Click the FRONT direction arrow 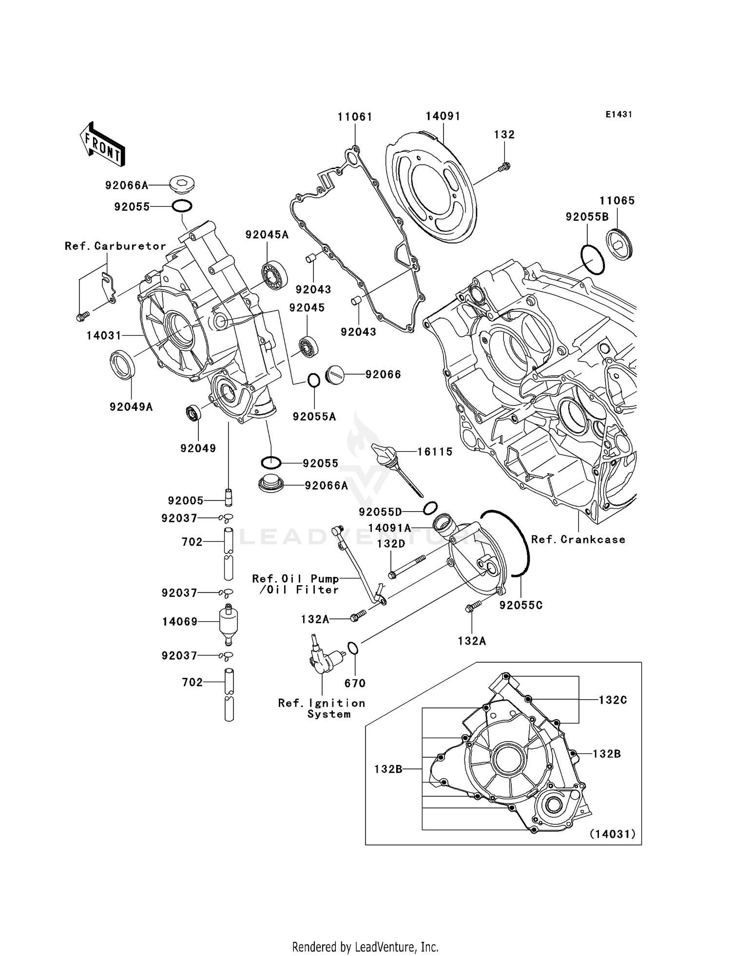tap(102, 145)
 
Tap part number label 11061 tap(355, 117)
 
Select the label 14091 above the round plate tap(442, 116)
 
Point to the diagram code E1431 tap(618, 115)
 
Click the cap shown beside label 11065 tap(619, 244)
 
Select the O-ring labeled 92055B tap(592, 260)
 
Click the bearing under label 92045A tap(274, 276)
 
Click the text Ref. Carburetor tap(115, 246)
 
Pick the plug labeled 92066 tap(335, 375)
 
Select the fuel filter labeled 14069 tap(228, 622)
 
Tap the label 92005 tap(185, 500)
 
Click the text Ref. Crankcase tap(578, 539)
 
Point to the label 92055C tap(521, 605)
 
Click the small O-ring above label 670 tap(353, 649)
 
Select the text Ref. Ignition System tap(322, 708)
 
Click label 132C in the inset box tap(613, 700)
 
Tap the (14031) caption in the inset tap(613, 834)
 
